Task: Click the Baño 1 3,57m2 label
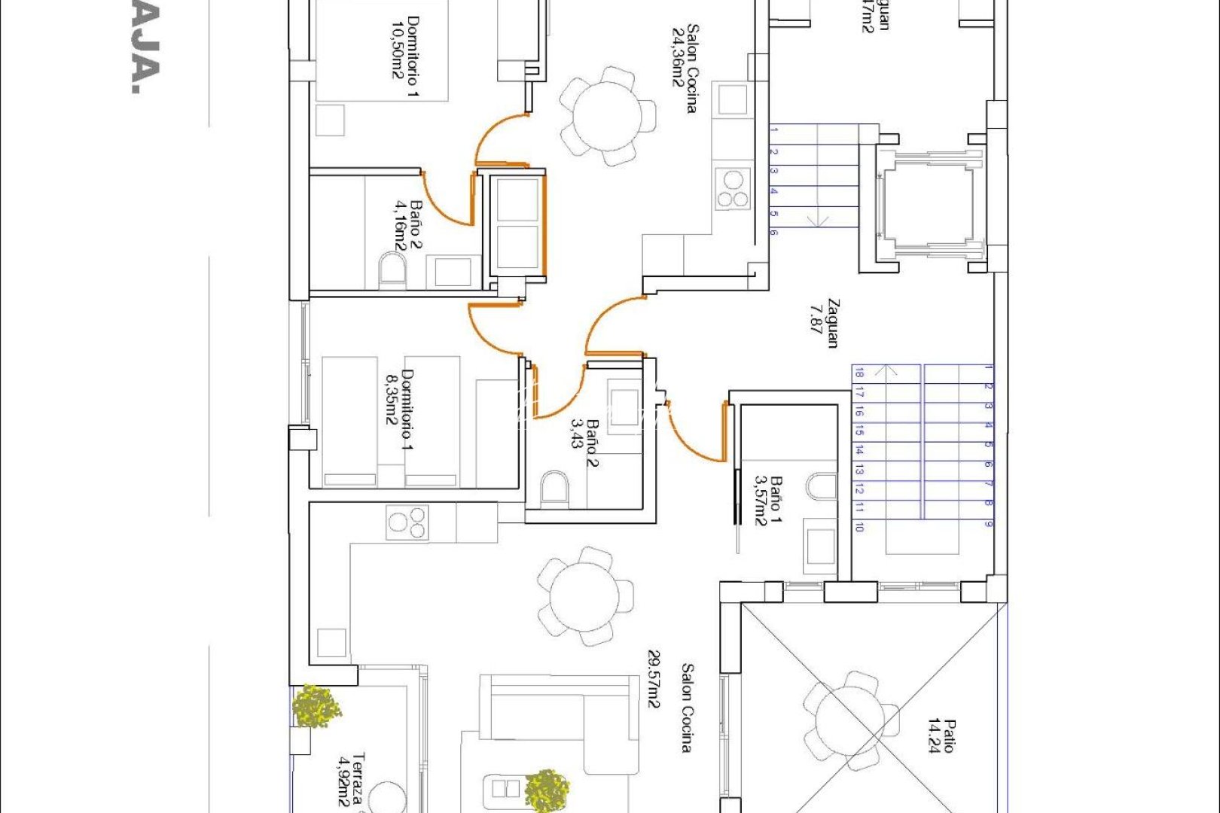(x=767, y=501)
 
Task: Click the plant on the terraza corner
(x=316, y=706)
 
